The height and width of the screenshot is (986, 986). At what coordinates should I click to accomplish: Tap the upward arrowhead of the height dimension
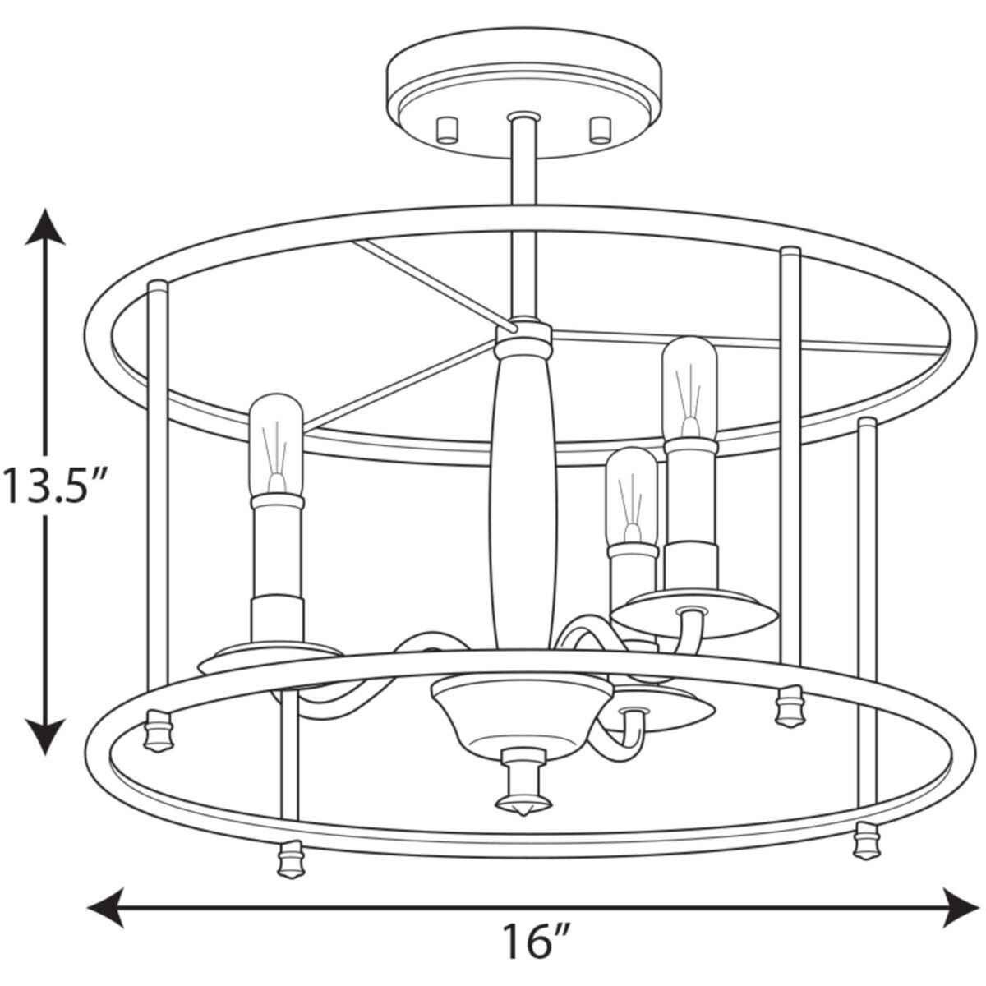coord(46,228)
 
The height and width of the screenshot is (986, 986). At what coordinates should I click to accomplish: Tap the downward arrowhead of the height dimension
coord(46,736)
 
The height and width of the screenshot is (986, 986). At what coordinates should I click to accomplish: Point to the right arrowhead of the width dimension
coord(961,908)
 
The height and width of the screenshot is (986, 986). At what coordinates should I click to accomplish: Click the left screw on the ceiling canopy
coord(447,130)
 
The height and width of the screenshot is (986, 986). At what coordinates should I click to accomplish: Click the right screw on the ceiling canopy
coord(601,130)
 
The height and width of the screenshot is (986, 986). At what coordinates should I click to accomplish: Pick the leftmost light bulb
coord(276,445)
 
